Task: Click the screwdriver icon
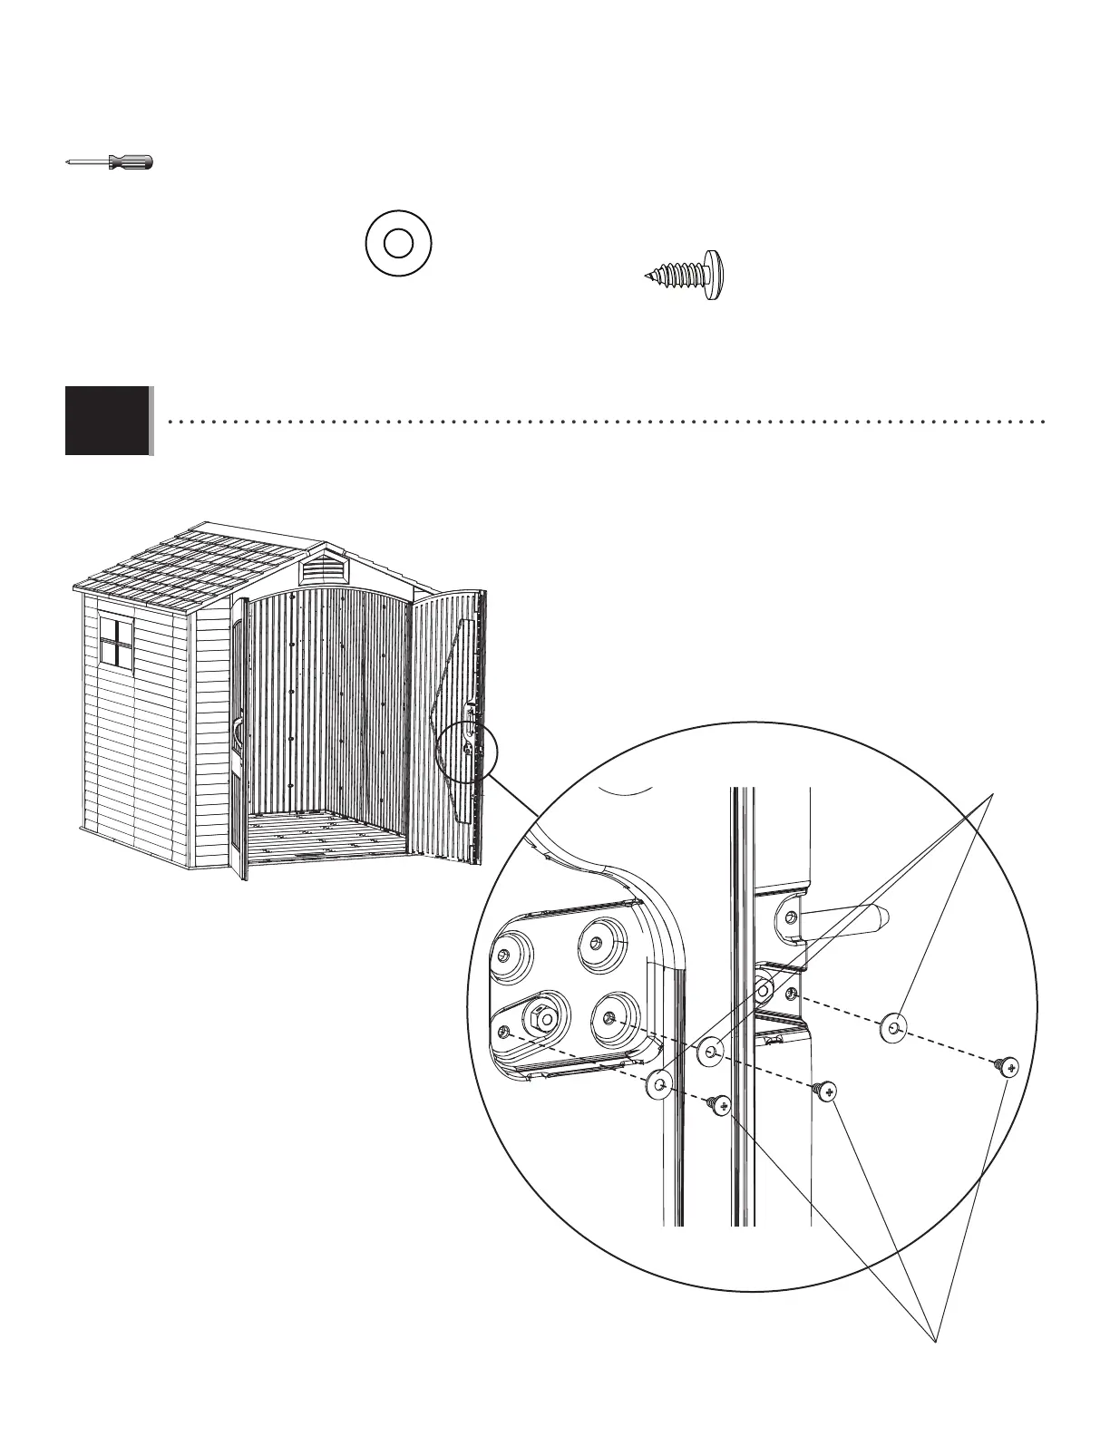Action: coord(110,162)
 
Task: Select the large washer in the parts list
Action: coord(398,242)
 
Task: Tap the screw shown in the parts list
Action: coord(689,273)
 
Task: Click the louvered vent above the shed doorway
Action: coord(326,569)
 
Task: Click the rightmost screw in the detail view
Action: coord(1007,1066)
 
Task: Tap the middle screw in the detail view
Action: coord(825,1090)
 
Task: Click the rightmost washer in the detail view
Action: coord(894,1028)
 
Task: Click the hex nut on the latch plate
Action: coord(540,1017)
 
